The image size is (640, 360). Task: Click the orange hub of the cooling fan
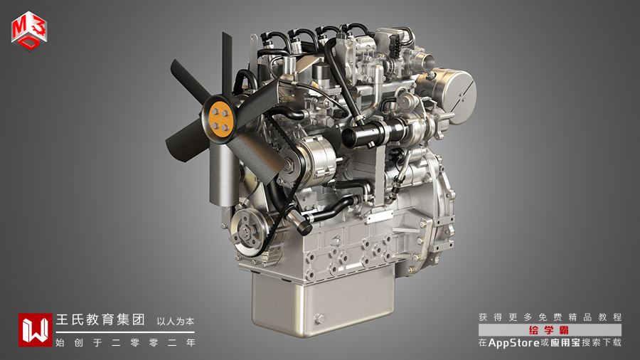click(220, 117)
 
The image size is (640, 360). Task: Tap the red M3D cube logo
click(29, 31)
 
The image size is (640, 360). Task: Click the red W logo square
click(35, 330)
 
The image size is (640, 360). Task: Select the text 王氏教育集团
click(100, 319)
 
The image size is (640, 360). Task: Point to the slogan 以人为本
click(176, 321)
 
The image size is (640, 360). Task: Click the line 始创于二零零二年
click(126, 342)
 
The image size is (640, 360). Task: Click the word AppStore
click(514, 342)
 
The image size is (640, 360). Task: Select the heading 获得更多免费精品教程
click(550, 317)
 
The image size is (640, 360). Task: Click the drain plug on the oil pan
click(319, 319)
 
